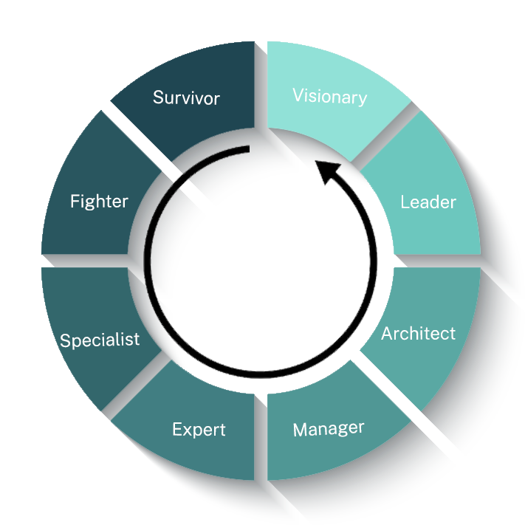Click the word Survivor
coord(186,97)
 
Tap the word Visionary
coord(329,96)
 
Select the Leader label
coord(428,202)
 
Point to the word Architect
coord(418,334)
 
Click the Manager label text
coord(329,429)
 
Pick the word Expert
coord(199,429)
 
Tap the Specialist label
coord(100,340)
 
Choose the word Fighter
coord(99,202)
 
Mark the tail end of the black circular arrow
coord(247,150)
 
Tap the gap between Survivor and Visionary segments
coord(260,81)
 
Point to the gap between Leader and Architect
coord(439,261)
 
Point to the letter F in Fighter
coord(75,202)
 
